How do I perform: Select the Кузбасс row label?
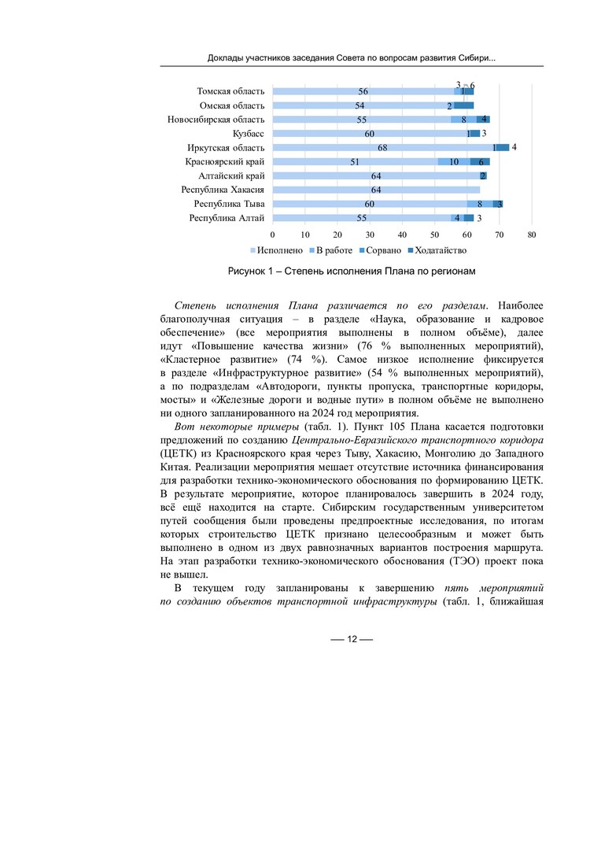pyautogui.click(x=248, y=134)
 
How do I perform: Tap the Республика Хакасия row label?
pyautogui.click(x=223, y=190)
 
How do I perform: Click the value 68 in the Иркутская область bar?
pyautogui.click(x=382, y=148)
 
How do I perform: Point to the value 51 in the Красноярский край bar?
pyautogui.click(x=355, y=162)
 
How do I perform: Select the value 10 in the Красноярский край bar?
pyautogui.click(x=454, y=162)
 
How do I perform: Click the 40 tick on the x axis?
pyautogui.click(x=402, y=235)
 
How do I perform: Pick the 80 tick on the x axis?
pyautogui.click(x=532, y=235)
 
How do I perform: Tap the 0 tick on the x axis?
pyautogui.click(x=272, y=235)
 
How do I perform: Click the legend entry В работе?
pyautogui.click(x=334, y=251)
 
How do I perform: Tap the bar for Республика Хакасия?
pyautogui.click(x=376, y=190)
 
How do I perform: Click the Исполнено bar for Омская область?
pyautogui.click(x=359, y=105)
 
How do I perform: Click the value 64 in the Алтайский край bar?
pyautogui.click(x=376, y=176)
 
